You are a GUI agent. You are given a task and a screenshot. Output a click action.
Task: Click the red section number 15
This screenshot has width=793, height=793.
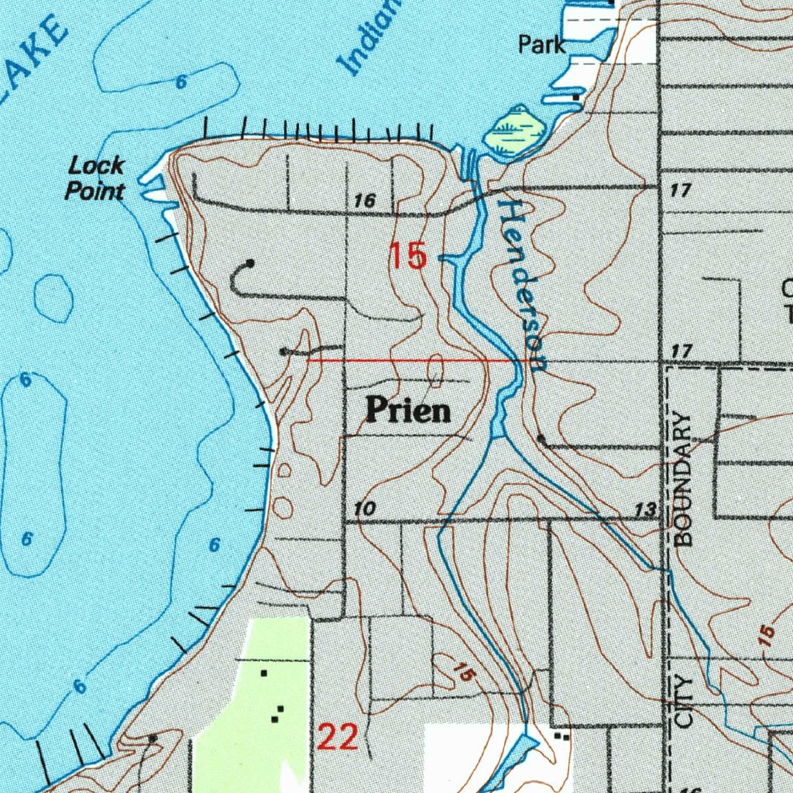(408, 256)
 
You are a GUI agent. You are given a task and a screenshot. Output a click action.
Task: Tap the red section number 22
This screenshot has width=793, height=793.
(338, 737)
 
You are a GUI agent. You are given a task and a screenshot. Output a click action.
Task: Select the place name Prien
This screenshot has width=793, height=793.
(408, 410)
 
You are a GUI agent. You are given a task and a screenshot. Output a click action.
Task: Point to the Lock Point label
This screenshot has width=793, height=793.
(95, 177)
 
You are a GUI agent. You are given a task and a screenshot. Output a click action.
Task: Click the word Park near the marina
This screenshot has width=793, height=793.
(542, 45)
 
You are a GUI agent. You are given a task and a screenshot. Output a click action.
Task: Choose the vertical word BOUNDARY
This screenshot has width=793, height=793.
(682, 480)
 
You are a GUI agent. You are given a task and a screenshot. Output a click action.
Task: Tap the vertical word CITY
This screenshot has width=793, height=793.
(683, 701)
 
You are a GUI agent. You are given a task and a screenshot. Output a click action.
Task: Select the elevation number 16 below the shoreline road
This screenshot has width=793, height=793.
(364, 201)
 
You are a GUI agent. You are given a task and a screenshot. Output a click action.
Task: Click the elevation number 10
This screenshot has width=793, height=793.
(365, 510)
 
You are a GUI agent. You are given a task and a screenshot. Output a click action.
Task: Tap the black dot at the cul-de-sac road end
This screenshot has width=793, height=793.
(249, 264)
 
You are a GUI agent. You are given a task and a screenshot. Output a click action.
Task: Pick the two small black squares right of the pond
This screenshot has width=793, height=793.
(562, 736)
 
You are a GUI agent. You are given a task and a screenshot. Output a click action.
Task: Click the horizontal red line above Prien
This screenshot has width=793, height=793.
(410, 360)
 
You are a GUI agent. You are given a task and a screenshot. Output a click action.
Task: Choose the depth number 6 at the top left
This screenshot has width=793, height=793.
(180, 82)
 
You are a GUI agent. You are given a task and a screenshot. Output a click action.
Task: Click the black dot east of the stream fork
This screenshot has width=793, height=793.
(541, 440)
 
